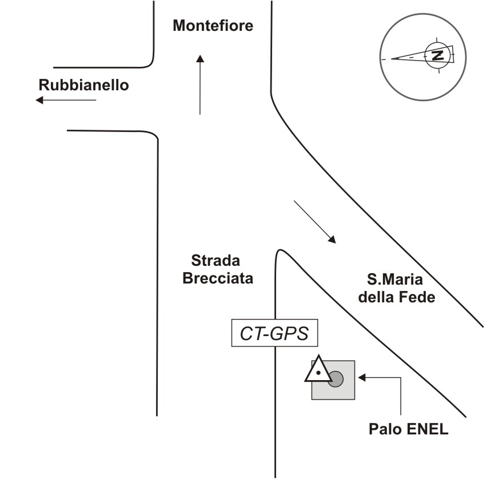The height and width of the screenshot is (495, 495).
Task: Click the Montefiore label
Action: pos(213,26)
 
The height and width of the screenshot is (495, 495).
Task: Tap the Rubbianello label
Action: pos(83,85)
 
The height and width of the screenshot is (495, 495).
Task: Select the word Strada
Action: pos(215,261)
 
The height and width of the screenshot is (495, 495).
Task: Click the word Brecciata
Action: pos(218,278)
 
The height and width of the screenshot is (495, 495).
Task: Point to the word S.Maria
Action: pos(395,280)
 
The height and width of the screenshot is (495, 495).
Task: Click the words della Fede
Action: pos(397,297)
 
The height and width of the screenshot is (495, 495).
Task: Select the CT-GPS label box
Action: pos(274,333)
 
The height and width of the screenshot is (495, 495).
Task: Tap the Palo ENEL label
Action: pos(409,429)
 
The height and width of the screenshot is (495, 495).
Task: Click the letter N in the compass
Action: pos(437,55)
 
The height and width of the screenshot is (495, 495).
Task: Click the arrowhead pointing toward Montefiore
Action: pos(200,59)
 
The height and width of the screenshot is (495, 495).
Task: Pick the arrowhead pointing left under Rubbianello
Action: pos(39,100)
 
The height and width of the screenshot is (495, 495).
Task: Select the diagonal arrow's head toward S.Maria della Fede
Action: pos(333,240)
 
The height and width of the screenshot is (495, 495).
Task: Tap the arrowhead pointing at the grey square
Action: pos(362,377)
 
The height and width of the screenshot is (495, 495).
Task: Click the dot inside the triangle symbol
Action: pos(318,373)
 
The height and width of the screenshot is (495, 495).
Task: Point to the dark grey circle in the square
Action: pos(336,379)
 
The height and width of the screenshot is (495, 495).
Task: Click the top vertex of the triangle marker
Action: pos(318,356)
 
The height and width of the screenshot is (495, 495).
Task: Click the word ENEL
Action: pos(428,429)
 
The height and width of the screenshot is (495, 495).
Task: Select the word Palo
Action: pos(385,429)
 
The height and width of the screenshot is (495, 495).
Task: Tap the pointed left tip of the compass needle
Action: pos(392,59)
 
